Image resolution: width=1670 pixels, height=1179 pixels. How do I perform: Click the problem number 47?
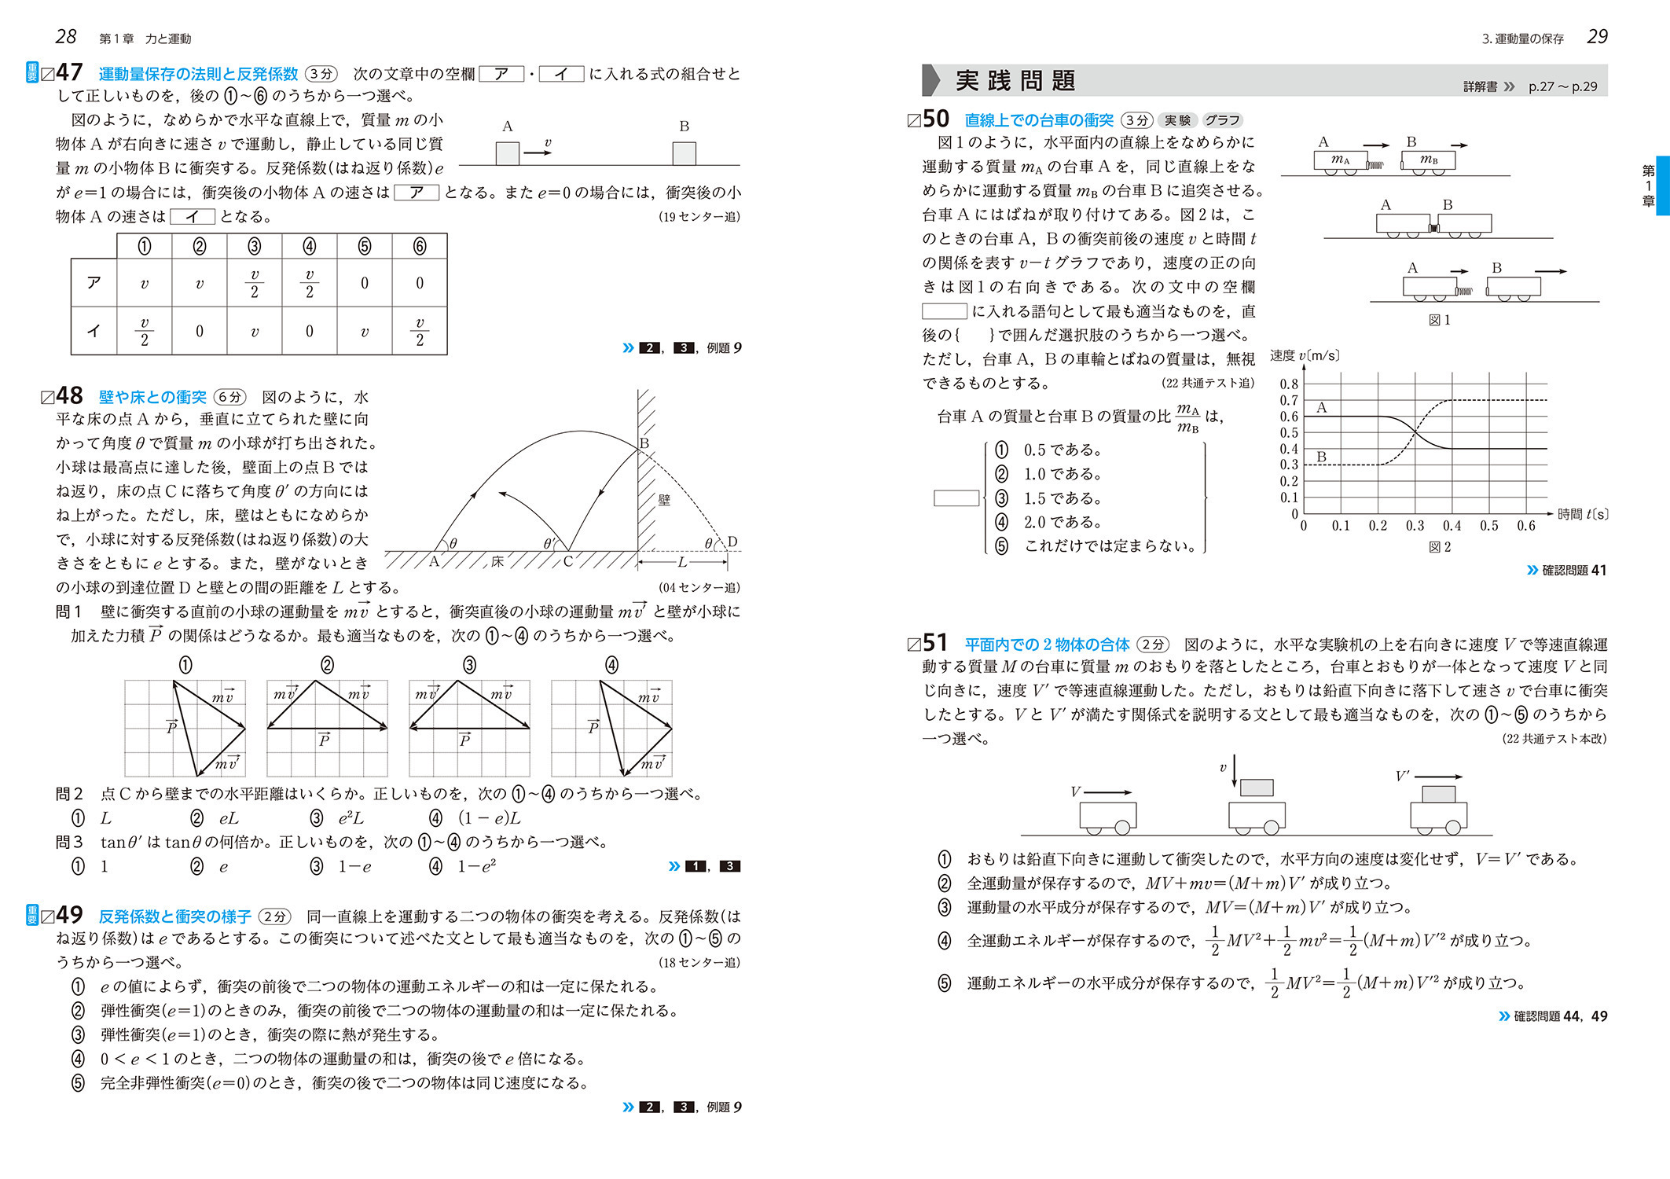(x=69, y=72)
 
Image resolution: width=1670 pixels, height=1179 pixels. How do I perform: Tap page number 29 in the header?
(x=1597, y=36)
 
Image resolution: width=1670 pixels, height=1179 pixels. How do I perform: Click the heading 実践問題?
(x=1015, y=80)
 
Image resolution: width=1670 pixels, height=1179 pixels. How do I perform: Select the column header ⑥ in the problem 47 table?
(x=420, y=247)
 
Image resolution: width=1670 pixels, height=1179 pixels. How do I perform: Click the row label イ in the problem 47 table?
(x=94, y=331)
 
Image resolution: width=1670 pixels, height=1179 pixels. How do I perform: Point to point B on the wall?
(x=644, y=443)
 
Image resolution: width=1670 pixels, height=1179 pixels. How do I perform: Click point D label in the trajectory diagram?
(x=732, y=542)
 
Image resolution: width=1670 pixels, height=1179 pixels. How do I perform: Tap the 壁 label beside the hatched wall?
(x=664, y=500)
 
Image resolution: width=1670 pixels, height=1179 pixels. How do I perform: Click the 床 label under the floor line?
(x=497, y=562)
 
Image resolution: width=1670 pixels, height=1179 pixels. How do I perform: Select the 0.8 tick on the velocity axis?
(x=1289, y=384)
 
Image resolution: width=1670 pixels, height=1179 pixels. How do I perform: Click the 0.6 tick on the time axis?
(x=1525, y=526)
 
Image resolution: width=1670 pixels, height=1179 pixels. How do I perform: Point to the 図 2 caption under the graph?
(x=1439, y=547)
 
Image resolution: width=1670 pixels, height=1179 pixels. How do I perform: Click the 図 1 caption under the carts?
(x=1439, y=320)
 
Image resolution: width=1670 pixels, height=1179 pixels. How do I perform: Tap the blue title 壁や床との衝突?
(x=152, y=397)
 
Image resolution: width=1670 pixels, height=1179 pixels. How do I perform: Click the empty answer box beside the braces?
(x=956, y=498)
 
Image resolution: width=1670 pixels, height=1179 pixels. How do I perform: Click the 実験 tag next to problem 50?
(x=1176, y=120)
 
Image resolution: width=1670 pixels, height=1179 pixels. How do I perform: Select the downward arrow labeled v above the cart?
(x=1235, y=769)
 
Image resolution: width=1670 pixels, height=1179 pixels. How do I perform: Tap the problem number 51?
(x=934, y=643)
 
